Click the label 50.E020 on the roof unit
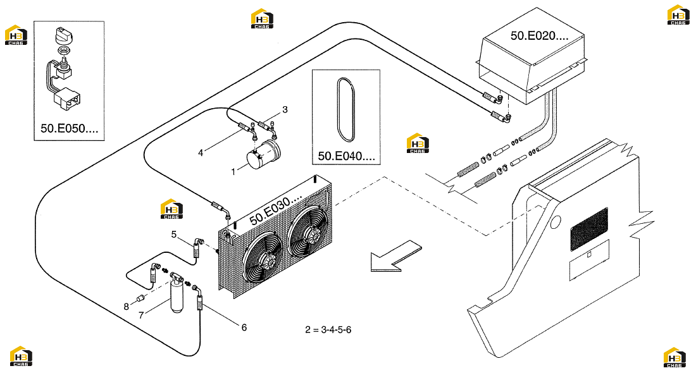tap(539, 36)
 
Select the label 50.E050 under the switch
tap(69, 128)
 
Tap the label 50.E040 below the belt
tap(346, 156)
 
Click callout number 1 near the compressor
tap(233, 171)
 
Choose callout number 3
tap(285, 109)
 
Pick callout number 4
tap(201, 152)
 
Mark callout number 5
tap(174, 234)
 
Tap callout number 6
tap(244, 327)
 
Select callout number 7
tap(141, 315)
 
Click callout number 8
tap(126, 307)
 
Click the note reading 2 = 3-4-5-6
tap(328, 330)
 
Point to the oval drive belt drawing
tap(346, 109)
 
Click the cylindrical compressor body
tap(263, 155)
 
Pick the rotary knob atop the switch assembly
tap(63, 35)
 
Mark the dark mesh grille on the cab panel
tap(589, 229)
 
